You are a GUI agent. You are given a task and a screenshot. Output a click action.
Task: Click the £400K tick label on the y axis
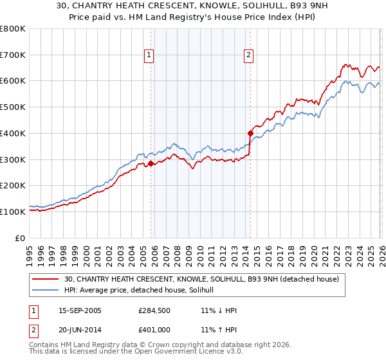(13, 133)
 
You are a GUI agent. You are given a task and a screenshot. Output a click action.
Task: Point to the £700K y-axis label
(13, 55)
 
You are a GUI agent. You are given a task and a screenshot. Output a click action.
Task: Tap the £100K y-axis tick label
(13, 212)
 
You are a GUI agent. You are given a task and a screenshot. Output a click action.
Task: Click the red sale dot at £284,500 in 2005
(151, 163)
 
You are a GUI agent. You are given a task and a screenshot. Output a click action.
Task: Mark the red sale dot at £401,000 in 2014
(250, 133)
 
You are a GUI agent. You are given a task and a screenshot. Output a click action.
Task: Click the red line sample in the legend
(46, 279)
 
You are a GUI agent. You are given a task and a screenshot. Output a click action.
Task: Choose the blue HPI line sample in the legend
(46, 290)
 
